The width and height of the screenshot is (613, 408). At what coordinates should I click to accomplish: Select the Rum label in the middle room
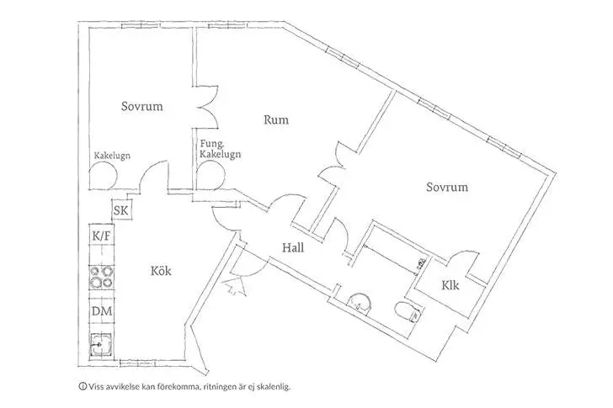point(276,120)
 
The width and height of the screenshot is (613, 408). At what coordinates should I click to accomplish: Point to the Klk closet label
point(450,285)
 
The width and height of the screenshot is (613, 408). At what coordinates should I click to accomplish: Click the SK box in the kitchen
point(120,211)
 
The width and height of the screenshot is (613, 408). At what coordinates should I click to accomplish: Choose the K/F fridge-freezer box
point(102,238)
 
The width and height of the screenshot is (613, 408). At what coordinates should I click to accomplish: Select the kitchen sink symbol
point(102,345)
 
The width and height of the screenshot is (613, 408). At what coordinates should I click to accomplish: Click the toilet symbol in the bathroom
point(408,313)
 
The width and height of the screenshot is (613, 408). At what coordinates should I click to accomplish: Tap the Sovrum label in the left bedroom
point(141,107)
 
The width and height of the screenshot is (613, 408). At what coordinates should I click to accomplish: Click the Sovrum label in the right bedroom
point(446,187)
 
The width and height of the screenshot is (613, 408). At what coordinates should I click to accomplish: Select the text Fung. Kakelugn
point(221,150)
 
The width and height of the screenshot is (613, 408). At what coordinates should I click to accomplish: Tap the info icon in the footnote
point(83,388)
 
